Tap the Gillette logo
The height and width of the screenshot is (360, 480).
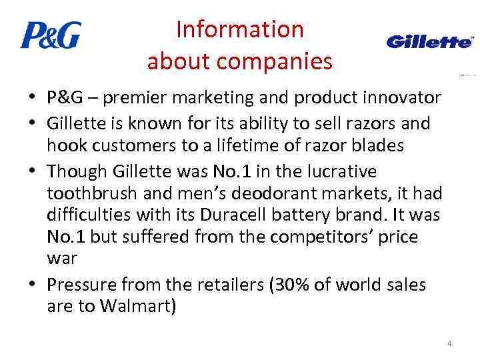(x=430, y=42)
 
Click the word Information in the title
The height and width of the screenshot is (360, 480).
(x=239, y=29)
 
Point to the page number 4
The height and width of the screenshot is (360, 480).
(x=449, y=343)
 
